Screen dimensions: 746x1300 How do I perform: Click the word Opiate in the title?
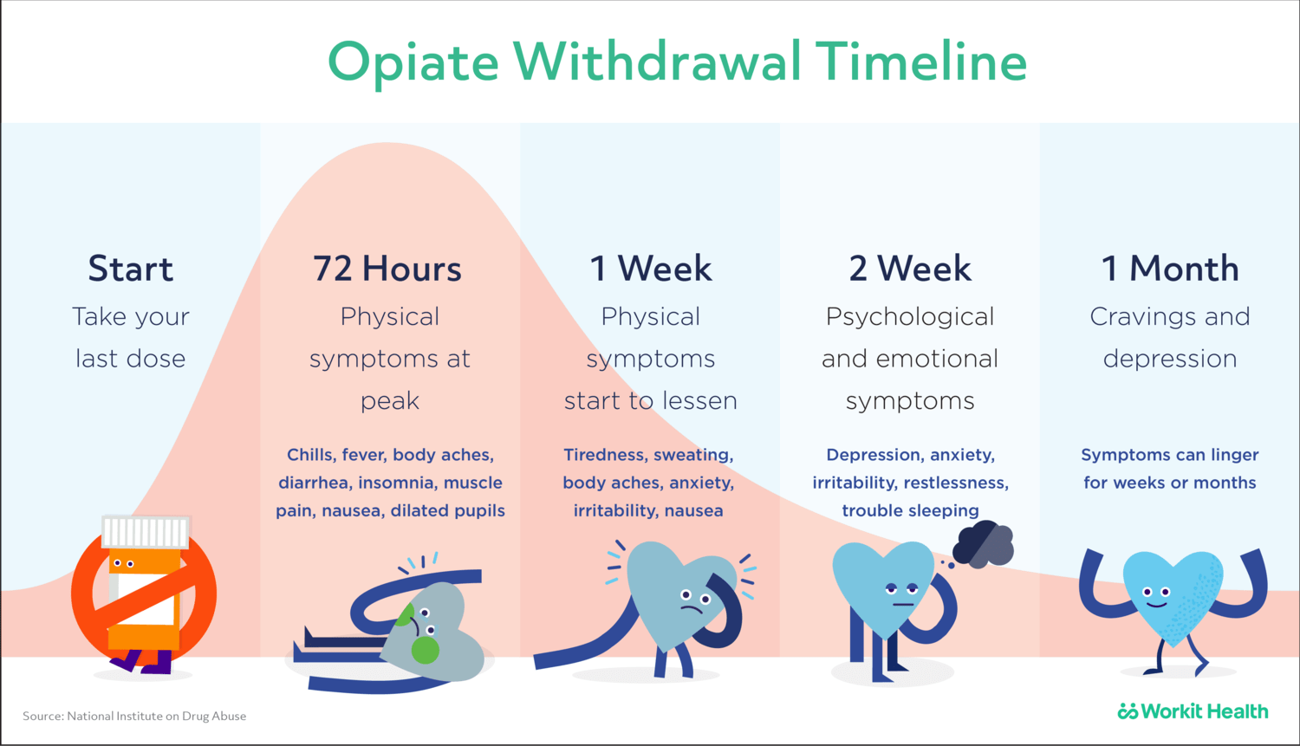[413, 63]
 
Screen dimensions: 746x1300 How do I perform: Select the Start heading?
[131, 269]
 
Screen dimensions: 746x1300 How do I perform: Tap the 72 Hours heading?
[387, 269]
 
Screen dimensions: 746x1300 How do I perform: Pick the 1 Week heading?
[650, 269]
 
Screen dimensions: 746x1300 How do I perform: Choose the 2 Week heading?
[910, 269]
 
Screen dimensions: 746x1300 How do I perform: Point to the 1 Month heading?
[1170, 269]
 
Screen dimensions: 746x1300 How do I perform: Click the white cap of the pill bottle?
[146, 531]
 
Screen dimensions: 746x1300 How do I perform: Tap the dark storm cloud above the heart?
[984, 544]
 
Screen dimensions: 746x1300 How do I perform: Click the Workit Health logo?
[1193, 711]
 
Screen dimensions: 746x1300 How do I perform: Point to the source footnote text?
[134, 716]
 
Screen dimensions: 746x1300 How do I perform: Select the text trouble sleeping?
[910, 510]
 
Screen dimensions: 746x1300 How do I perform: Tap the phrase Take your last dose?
[131, 337]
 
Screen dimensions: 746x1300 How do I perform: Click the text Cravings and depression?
[1170, 337]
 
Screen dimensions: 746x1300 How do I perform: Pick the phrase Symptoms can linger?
[1170, 455]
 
